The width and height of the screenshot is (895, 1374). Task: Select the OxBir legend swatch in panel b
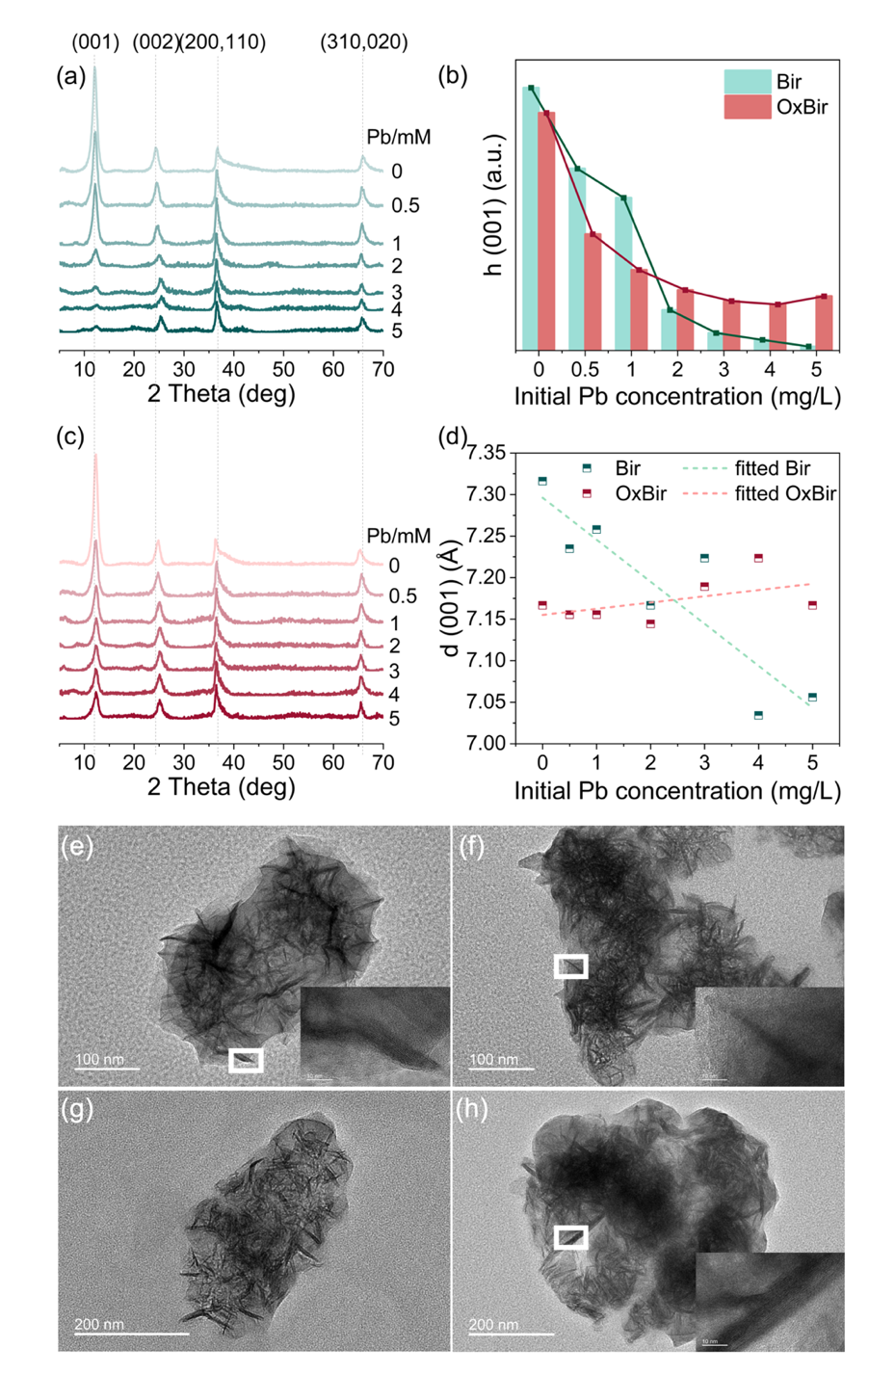point(747,107)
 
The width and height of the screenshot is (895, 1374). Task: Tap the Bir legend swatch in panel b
point(747,82)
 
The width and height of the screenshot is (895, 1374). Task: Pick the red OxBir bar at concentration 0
point(546,231)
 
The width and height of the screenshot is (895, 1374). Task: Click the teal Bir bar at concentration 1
point(623,274)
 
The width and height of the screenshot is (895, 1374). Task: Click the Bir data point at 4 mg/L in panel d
point(758,715)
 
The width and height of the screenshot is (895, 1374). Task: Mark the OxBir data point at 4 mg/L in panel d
point(758,558)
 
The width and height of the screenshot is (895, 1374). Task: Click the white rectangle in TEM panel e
point(246,1061)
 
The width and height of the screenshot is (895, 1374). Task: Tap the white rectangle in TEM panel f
point(570,966)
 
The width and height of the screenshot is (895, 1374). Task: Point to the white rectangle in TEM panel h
point(570,1237)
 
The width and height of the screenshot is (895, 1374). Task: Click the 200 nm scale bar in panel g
point(131,1334)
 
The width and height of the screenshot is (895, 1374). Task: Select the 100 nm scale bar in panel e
point(107,1068)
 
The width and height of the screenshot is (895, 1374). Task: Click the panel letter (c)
point(70,436)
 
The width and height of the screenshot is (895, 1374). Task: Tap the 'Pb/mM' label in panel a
point(398,137)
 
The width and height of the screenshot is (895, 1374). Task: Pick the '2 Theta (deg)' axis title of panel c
point(221,787)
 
